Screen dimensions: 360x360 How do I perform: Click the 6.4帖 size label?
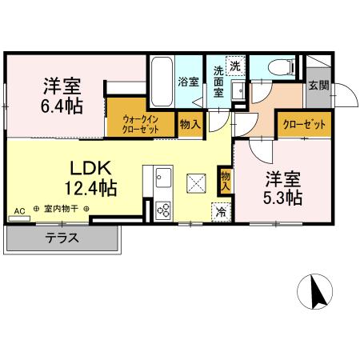point(61,104)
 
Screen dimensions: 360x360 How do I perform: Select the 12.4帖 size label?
point(91,189)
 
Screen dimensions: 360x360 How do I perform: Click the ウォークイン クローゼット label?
point(142,125)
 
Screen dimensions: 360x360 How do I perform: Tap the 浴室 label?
point(188,81)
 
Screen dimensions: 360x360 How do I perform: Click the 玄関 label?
point(318,86)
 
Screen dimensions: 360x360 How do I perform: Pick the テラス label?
point(62,238)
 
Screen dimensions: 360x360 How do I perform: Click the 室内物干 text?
point(61,210)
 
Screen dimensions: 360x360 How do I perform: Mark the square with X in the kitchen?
point(194,183)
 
